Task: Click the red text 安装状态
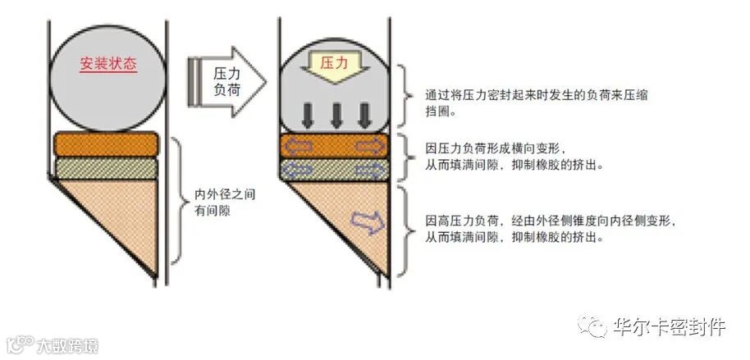108,64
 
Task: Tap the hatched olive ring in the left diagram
105,169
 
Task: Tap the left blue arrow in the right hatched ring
299,171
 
